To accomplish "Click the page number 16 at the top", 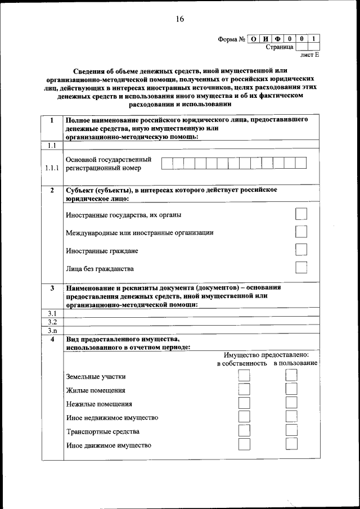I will [x=179, y=19].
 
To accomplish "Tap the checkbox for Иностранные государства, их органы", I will [x=301, y=214].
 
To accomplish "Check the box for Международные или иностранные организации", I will [x=301, y=232].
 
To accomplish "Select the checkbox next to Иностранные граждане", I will [x=301, y=250].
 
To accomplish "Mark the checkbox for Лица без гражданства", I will [x=301, y=268].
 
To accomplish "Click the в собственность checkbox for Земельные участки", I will [x=244, y=376].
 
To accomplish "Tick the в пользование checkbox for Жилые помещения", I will [x=291, y=389].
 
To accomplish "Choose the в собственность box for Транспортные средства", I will [x=244, y=430].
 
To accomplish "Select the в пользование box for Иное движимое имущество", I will [x=291, y=444].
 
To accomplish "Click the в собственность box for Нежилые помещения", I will [x=244, y=403].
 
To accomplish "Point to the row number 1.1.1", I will [x=52, y=168].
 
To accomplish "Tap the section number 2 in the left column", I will [x=52, y=190].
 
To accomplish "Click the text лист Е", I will [x=309, y=56].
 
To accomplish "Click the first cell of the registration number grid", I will [x=167, y=163].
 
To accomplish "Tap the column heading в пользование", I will [x=295, y=363].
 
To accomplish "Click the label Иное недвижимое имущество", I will [x=112, y=418].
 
